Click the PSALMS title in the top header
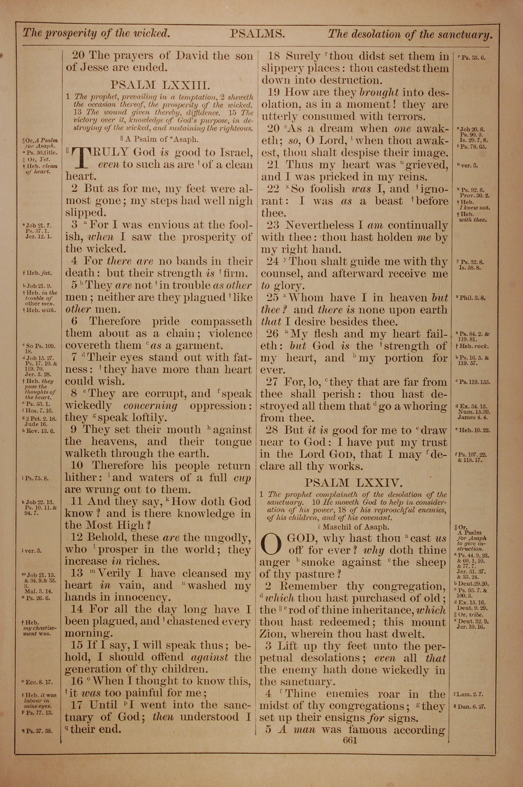257,34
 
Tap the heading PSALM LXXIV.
354,482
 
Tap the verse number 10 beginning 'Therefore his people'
79,466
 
